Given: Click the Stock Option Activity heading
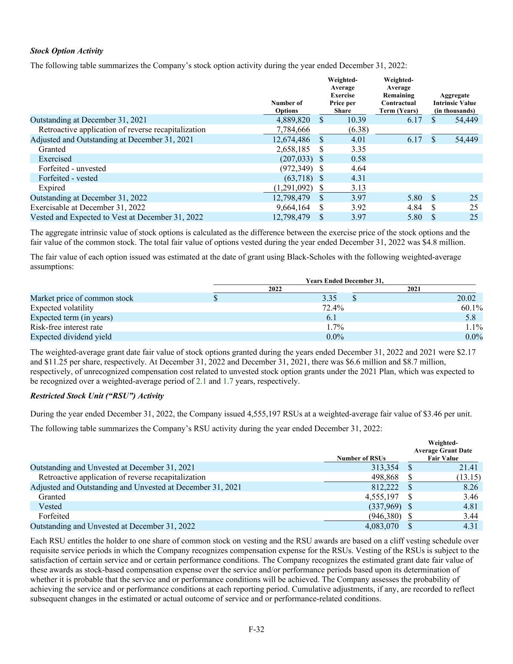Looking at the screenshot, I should pos(67,51).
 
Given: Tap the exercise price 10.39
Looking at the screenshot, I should pos(356,120).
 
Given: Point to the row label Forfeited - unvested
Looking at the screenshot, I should pos(72,168).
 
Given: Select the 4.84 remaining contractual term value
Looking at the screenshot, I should pos(414,207).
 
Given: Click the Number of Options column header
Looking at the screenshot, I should pos(286,107).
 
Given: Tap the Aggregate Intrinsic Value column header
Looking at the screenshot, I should pos(454,103).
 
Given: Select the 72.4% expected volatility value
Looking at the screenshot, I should pos(333,308).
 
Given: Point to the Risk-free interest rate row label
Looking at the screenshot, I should pos(67,327).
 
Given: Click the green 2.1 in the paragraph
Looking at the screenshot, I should pos(201,381).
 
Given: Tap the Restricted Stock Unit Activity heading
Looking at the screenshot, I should pos(97,396).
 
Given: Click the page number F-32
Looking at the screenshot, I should pos(256,629).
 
